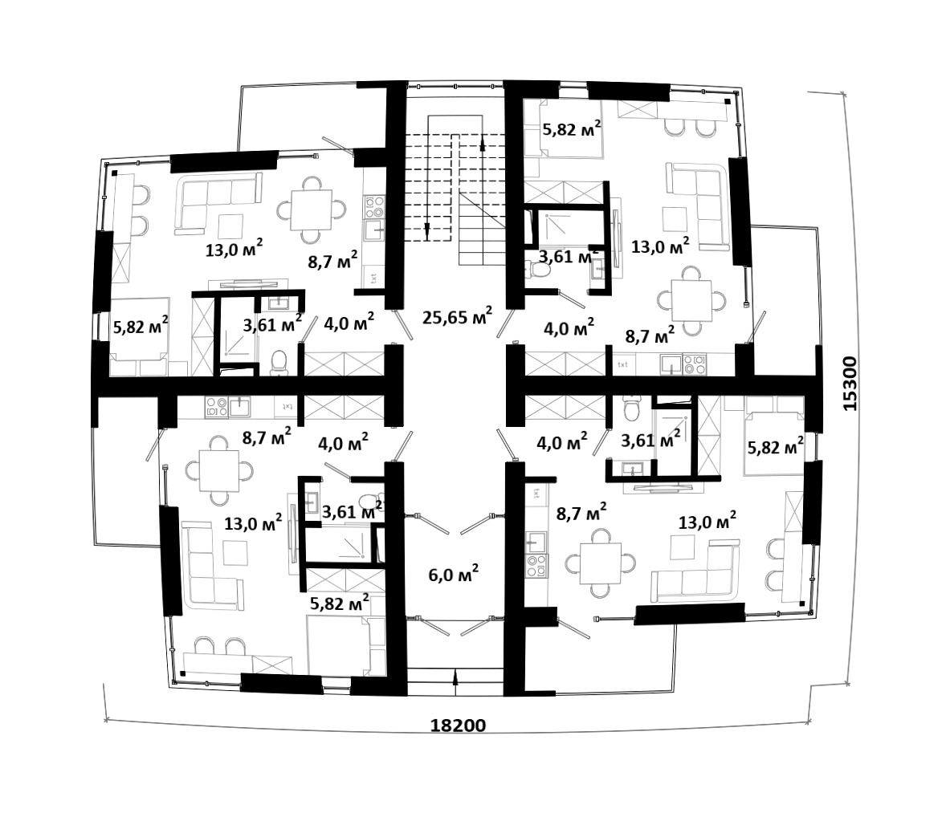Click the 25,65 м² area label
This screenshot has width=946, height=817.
[457, 316]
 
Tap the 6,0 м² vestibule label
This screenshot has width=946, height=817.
[454, 574]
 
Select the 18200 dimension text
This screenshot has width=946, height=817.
[458, 725]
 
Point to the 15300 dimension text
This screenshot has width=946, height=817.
[850, 384]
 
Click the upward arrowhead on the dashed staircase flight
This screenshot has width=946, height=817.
[483, 144]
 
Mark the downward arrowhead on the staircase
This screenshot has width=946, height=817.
[427, 229]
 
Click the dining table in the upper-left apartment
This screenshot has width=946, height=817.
[312, 209]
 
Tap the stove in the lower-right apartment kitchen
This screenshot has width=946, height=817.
[536, 566]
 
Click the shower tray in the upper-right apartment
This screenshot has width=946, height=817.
[559, 227]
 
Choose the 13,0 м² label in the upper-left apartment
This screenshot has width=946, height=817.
[234, 248]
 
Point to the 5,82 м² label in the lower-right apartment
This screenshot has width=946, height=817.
[775, 447]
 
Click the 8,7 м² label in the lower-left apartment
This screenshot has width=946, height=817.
[267, 437]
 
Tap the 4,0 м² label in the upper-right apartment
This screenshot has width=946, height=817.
[569, 328]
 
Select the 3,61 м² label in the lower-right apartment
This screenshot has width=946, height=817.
[651, 440]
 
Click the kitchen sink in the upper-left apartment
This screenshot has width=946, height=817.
[374, 229]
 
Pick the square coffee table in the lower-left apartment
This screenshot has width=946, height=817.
[235, 552]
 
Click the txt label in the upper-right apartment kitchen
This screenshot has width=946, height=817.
[623, 364]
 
